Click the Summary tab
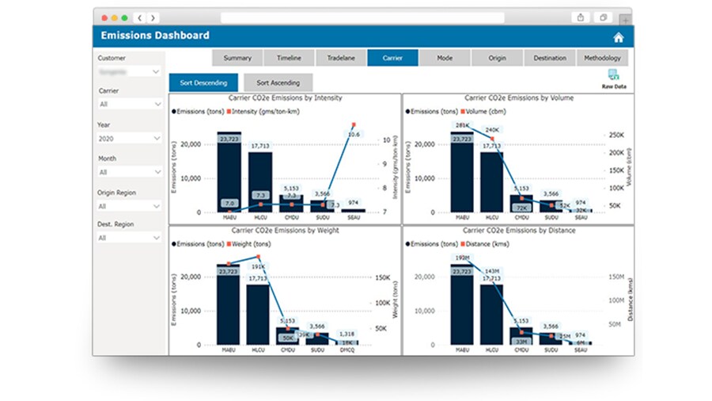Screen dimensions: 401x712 [x=237, y=58]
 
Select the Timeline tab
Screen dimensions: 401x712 [x=289, y=58]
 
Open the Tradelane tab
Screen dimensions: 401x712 [x=341, y=58]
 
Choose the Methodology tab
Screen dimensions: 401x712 [x=603, y=58]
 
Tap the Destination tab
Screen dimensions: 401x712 [x=550, y=58]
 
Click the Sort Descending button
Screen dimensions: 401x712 [x=203, y=82]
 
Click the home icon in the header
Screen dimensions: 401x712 [x=619, y=36]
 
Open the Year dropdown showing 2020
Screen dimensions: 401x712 [x=130, y=138]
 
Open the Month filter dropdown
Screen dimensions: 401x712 [x=130, y=171]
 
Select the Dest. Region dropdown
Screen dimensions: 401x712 [x=130, y=238]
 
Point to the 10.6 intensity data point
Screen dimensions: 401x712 [x=353, y=124]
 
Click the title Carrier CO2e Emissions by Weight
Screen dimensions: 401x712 [x=285, y=231]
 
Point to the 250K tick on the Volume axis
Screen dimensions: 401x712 [x=616, y=136]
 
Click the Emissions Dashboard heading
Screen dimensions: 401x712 [x=155, y=36]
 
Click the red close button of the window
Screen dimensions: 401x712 [x=104, y=17]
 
